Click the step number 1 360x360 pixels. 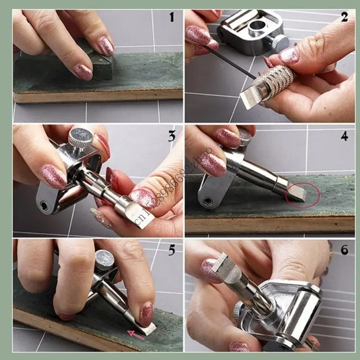click(171, 18)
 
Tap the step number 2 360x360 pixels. click(344, 18)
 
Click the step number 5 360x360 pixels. click(171, 250)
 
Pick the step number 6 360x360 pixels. click(345, 250)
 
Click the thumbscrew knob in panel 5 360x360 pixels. click(105, 260)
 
